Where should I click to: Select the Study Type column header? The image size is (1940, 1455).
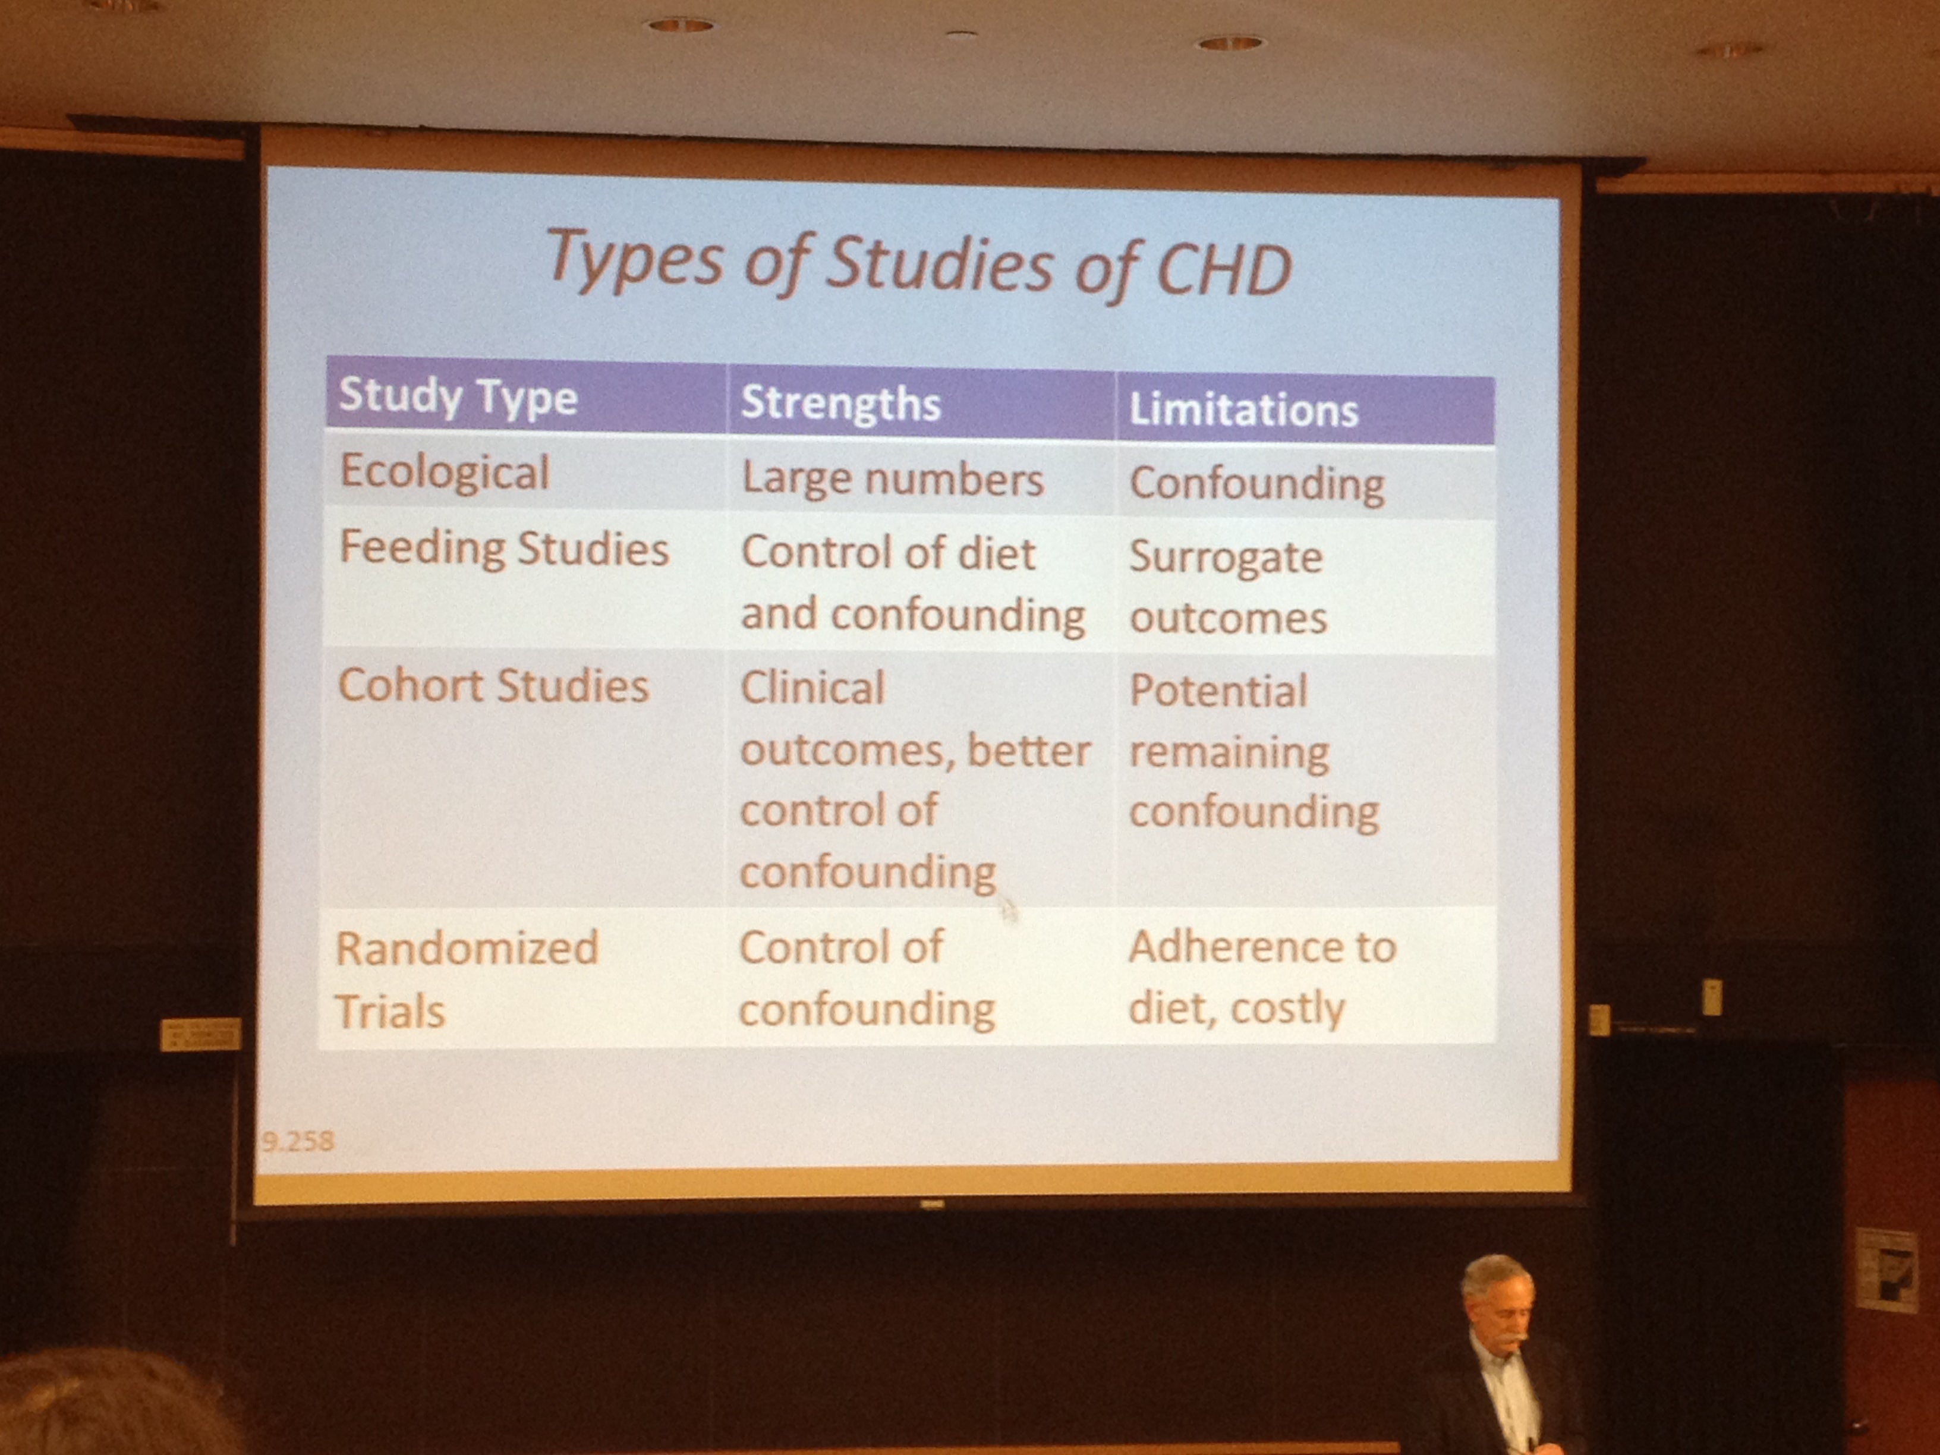point(458,396)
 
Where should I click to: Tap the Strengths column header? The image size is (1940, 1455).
point(840,404)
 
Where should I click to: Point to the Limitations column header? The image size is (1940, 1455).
point(1243,410)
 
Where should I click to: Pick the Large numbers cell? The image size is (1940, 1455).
point(893,480)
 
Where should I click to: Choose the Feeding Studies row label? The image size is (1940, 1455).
point(503,549)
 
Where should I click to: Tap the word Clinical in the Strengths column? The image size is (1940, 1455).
point(812,688)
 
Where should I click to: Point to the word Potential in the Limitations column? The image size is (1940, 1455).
point(1218,691)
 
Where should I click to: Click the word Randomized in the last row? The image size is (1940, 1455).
point(467,948)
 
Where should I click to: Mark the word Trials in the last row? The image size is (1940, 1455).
point(389,1011)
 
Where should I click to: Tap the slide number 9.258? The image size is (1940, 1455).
point(297,1141)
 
